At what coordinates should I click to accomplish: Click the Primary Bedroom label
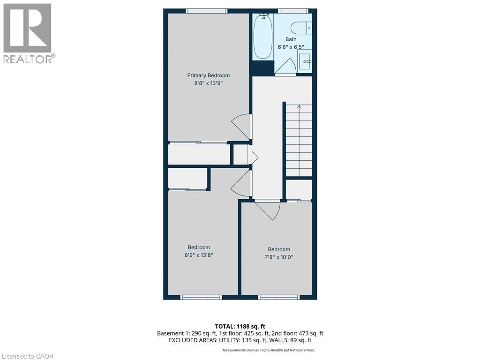[209, 75]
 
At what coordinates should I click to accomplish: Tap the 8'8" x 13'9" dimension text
[209, 83]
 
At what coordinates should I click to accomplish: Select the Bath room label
[291, 39]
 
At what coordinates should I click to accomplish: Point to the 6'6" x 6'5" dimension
[291, 47]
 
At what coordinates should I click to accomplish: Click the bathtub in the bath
[262, 37]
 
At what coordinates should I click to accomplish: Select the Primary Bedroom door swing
[241, 126]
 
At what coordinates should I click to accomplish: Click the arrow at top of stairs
[299, 107]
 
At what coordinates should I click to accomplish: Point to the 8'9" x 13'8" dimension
[199, 255]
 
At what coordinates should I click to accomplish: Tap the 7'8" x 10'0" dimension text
[279, 257]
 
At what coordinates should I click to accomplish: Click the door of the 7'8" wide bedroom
[269, 209]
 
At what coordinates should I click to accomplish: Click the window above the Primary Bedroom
[206, 11]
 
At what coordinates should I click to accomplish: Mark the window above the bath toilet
[293, 11]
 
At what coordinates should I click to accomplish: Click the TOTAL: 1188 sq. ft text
[240, 326]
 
